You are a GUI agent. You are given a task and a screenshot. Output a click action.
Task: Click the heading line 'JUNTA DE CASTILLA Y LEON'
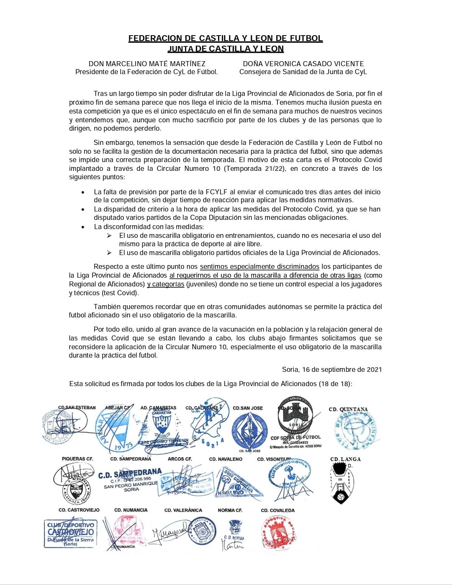point(226,49)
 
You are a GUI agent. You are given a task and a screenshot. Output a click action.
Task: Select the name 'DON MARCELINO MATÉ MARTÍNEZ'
point(147,64)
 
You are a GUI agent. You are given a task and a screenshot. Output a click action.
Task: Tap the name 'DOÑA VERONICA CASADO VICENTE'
point(303,64)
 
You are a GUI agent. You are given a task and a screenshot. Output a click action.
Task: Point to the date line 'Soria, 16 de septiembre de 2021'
point(332,369)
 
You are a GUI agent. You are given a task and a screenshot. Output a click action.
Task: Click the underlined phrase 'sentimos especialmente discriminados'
point(259,266)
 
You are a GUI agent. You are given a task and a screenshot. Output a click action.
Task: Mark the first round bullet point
point(83,192)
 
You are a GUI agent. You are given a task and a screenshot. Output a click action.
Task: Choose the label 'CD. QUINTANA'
point(348,409)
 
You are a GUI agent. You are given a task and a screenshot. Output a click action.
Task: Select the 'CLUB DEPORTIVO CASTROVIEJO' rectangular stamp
point(70,533)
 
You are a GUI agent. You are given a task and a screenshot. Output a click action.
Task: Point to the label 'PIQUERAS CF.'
point(77,459)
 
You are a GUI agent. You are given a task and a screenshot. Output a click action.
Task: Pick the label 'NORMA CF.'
point(230,510)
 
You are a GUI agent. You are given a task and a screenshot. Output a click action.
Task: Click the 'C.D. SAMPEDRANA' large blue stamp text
point(130,474)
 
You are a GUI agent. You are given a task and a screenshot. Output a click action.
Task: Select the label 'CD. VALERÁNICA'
point(183,510)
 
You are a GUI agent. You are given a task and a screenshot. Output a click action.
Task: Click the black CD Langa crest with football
point(340,486)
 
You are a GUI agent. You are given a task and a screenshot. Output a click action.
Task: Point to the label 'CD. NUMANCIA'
point(131,510)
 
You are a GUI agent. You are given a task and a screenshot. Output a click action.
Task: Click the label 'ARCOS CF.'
point(180,459)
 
